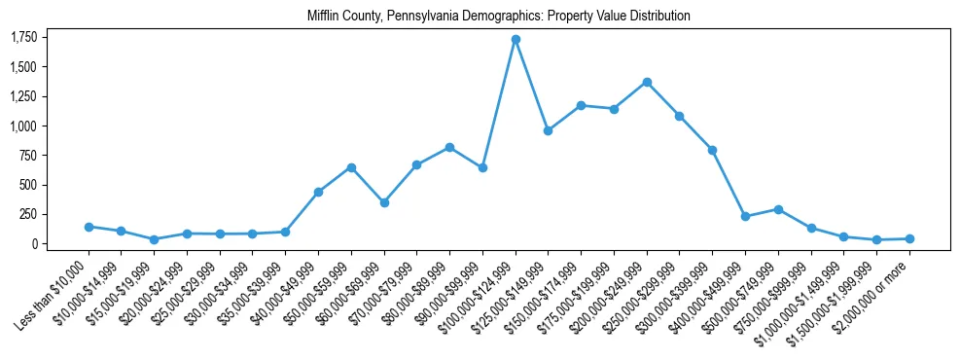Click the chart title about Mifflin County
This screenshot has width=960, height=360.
tap(498, 16)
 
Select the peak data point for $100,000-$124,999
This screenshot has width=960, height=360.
tap(516, 39)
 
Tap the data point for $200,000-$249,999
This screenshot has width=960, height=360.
tap(647, 82)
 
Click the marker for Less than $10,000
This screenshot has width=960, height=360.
tap(89, 227)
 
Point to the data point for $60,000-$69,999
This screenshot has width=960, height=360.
tap(384, 202)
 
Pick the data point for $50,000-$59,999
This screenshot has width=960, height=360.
tap(351, 167)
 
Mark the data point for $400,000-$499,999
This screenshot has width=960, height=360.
tap(745, 216)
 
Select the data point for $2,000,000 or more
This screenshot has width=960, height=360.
tap(909, 238)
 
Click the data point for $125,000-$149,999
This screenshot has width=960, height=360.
tap(549, 130)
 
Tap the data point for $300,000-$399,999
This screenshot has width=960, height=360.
tap(712, 150)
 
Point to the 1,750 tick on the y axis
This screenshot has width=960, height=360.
tap(23, 37)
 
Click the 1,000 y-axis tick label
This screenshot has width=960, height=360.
tap(23, 126)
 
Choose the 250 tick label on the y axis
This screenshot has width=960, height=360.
tap(29, 214)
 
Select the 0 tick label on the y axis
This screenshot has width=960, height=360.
tap(34, 243)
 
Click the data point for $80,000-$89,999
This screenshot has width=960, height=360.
tap(449, 147)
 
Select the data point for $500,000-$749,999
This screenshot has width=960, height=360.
tap(778, 209)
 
